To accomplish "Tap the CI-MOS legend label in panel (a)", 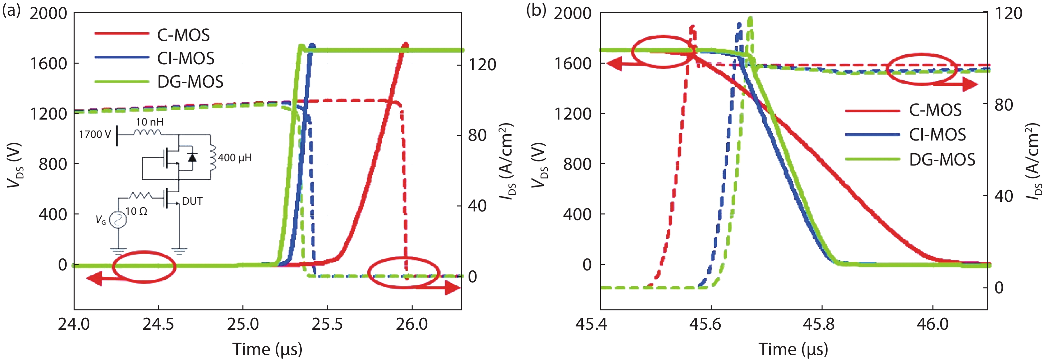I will click(186, 59).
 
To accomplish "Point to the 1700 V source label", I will click(95, 135).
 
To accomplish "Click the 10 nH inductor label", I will click(150, 122).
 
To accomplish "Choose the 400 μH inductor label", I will click(235, 158).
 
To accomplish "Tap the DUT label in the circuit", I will click(192, 201).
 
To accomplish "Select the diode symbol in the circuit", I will click(192, 157).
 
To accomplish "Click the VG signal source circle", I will click(118, 220).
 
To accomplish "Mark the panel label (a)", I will click(11, 10).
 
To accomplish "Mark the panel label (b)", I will click(536, 10).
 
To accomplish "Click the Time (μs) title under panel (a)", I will click(267, 349).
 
